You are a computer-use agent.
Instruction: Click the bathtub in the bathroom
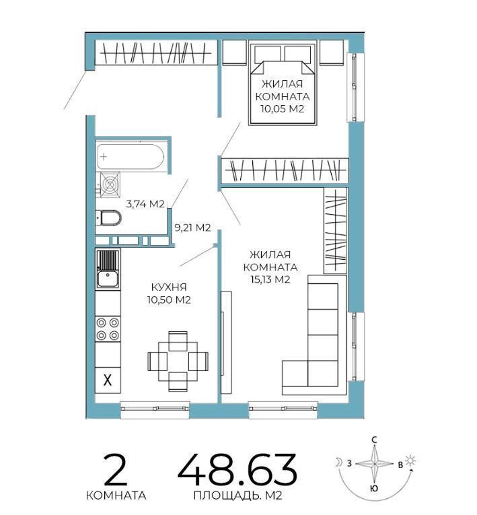[130, 157]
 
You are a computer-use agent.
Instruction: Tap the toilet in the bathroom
[109, 217]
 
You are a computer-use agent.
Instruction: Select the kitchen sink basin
[108, 279]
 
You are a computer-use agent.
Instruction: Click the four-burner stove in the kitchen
[108, 329]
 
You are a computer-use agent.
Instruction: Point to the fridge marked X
[108, 380]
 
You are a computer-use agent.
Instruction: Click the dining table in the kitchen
[178, 362]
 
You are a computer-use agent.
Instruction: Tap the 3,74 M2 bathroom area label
[145, 204]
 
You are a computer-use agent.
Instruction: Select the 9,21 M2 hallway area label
[192, 228]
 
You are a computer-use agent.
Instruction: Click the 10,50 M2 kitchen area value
[169, 300]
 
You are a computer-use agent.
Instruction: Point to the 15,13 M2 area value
[270, 279]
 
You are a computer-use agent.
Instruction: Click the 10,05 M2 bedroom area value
[283, 108]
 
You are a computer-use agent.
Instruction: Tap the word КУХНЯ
[169, 287]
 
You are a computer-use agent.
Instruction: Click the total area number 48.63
[237, 471]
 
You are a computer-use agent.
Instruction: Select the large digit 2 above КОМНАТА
[115, 470]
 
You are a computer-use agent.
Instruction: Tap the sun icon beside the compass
[410, 460]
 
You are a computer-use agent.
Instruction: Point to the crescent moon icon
[338, 462]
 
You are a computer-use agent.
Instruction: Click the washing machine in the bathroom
[110, 185]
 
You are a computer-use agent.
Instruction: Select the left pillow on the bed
[268, 54]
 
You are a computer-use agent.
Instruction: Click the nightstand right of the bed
[332, 52]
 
